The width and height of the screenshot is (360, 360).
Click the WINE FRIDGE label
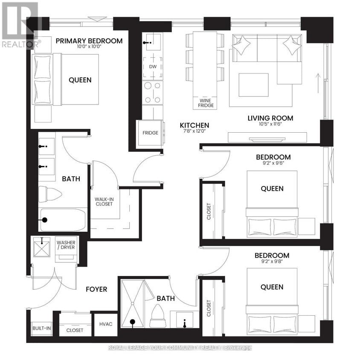point(203,102)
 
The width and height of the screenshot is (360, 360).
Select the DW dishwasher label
point(152,67)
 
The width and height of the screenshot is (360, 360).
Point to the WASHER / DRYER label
point(66,246)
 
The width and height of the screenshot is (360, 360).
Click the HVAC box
point(105,324)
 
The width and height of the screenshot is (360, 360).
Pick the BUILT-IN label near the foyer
point(41,328)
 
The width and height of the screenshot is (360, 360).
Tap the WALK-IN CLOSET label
point(104,201)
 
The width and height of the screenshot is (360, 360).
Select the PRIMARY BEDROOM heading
point(89,41)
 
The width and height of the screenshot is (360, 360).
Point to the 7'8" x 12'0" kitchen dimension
point(194,132)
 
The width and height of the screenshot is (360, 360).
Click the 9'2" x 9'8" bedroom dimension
point(272,262)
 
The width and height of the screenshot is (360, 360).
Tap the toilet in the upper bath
point(49,194)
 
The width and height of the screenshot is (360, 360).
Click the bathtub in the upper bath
point(63,220)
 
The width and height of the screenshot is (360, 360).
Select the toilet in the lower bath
point(159,315)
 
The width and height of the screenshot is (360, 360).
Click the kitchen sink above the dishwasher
point(152,43)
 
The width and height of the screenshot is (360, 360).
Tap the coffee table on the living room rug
point(253,85)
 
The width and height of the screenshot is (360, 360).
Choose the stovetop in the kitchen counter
point(152,92)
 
